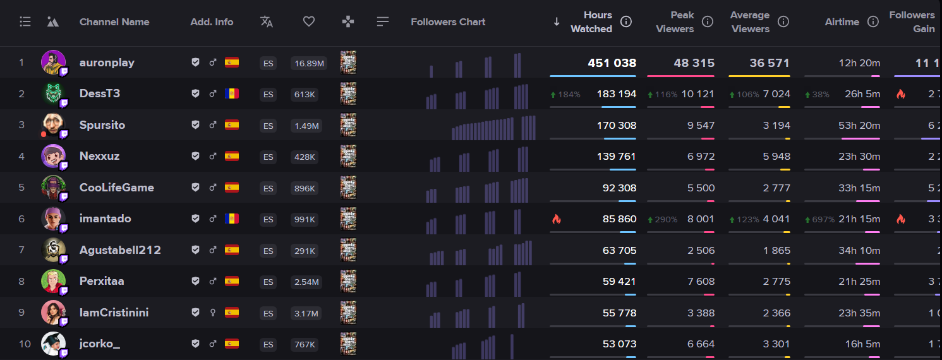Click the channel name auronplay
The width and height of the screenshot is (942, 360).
(x=107, y=63)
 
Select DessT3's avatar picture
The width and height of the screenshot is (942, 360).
(x=53, y=93)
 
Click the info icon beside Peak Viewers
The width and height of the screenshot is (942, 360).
(x=708, y=22)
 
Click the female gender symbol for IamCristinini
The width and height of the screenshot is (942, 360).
(x=214, y=313)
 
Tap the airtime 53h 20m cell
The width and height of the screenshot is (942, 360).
(x=859, y=125)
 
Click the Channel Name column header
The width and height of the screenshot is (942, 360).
(x=114, y=22)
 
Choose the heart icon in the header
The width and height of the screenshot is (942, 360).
(x=309, y=22)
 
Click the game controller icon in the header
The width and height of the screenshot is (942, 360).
(x=347, y=22)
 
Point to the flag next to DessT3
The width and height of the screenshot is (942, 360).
(x=232, y=94)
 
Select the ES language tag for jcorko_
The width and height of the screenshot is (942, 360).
(x=268, y=345)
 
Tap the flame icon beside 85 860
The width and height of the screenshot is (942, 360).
(x=557, y=219)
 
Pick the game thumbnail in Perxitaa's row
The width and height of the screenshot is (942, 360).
(x=348, y=282)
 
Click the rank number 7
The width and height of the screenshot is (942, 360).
(x=21, y=250)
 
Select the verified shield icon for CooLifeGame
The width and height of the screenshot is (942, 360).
(x=196, y=188)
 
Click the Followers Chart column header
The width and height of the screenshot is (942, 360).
(x=448, y=22)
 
